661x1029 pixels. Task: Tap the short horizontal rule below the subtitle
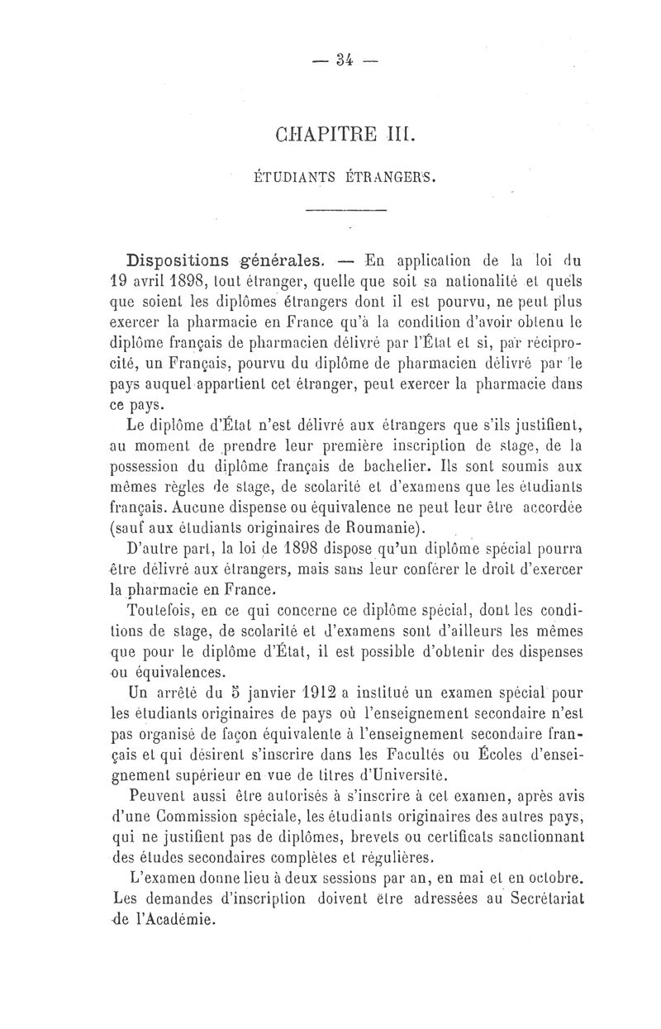click(345, 212)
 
